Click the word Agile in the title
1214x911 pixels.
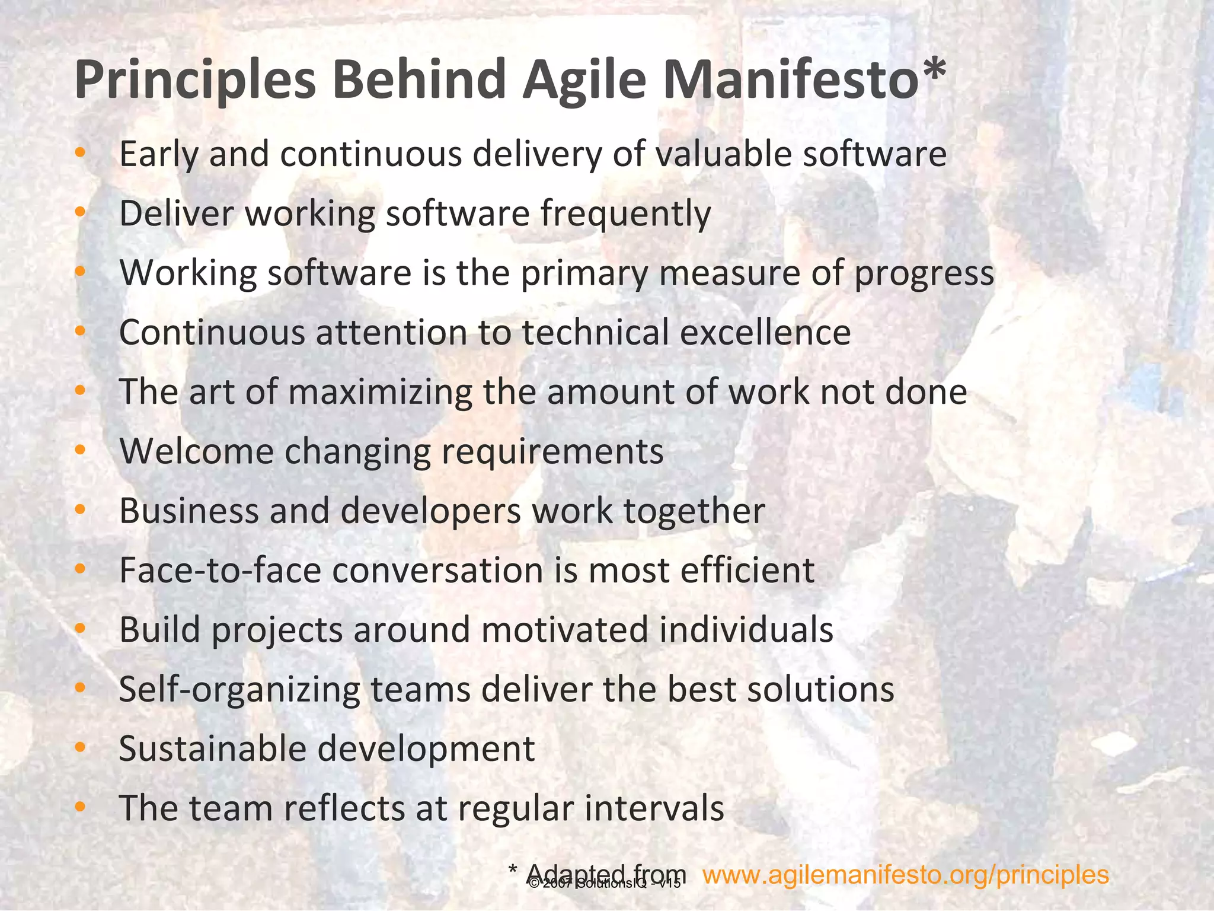pos(584,80)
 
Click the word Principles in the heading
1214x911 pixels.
pos(196,80)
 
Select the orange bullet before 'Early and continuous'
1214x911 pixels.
pos(81,154)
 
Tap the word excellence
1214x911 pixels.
pos(765,332)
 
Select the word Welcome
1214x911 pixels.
pos(196,451)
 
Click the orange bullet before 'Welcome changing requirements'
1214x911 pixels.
pos(81,450)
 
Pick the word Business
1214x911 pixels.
pos(189,511)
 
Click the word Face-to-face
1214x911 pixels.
pos(220,571)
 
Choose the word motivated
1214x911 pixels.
pos(564,630)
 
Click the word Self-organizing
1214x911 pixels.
pos(239,690)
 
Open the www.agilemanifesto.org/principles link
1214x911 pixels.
pos(905,875)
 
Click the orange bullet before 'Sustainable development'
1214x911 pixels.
pos(81,748)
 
